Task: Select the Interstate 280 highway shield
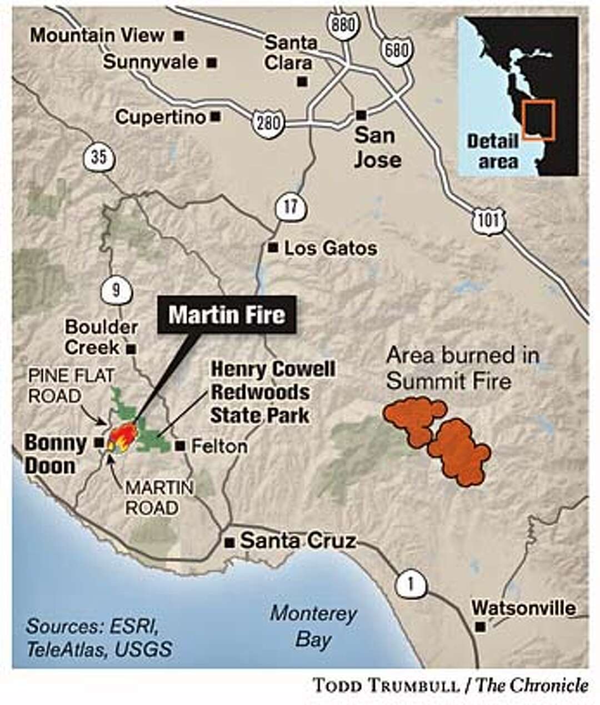pyautogui.click(x=268, y=122)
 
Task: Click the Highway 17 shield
pyautogui.click(x=289, y=207)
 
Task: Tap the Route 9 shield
pyautogui.click(x=116, y=290)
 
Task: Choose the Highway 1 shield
pyautogui.click(x=411, y=584)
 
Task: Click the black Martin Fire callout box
pyautogui.click(x=227, y=315)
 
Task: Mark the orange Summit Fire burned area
pyautogui.click(x=439, y=439)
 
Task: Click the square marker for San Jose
pyautogui.click(x=361, y=114)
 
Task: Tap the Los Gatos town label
pyautogui.click(x=330, y=248)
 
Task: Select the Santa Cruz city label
pyautogui.click(x=297, y=541)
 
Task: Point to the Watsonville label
pyautogui.click(x=523, y=608)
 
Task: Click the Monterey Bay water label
pyautogui.click(x=313, y=627)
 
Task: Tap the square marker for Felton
pyautogui.click(x=179, y=446)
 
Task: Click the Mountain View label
pyautogui.click(x=97, y=36)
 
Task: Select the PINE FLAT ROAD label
pyautogui.click(x=71, y=386)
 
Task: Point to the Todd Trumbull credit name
pyautogui.click(x=386, y=685)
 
